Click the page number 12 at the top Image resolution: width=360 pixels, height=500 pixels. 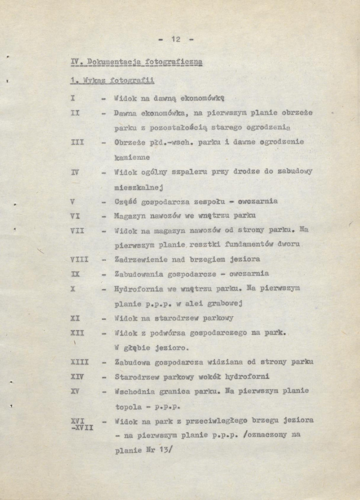176,40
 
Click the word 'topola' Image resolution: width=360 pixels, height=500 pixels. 126,406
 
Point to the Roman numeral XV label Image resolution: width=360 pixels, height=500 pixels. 75,392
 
